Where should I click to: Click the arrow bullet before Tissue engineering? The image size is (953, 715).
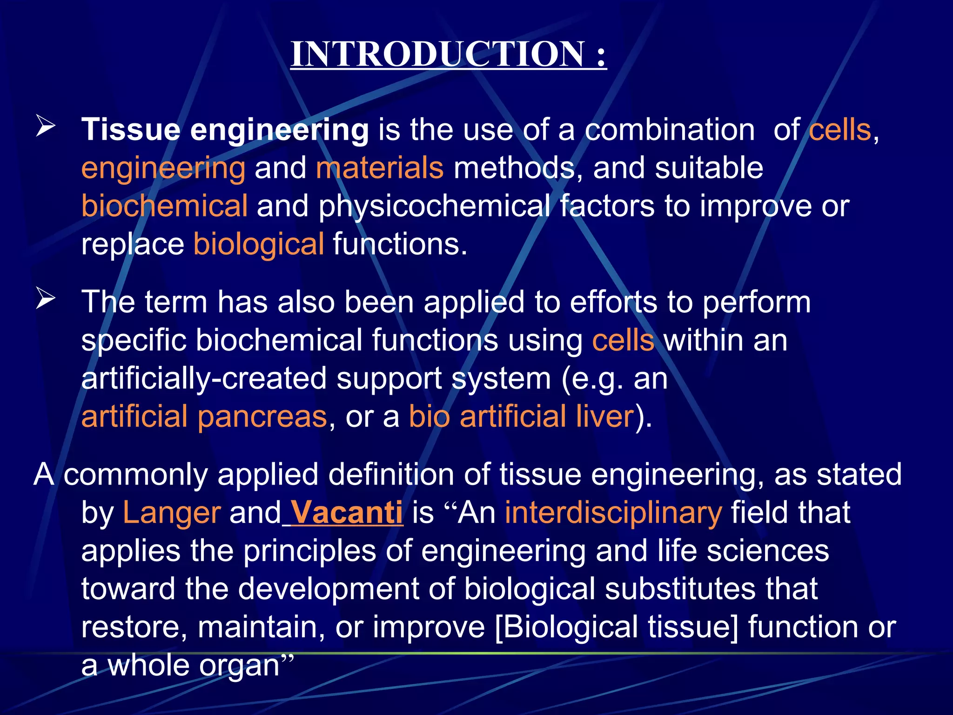pyautogui.click(x=46, y=127)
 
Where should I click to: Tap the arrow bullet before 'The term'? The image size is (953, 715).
pyautogui.click(x=46, y=299)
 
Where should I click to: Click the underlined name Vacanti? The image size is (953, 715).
pyautogui.click(x=347, y=513)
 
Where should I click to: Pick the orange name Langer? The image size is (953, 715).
pyautogui.click(x=172, y=513)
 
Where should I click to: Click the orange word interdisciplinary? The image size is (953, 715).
pyautogui.click(x=613, y=513)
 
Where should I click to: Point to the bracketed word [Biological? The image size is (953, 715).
pyautogui.click(x=566, y=627)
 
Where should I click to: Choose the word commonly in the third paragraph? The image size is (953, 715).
pyautogui.click(x=135, y=475)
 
